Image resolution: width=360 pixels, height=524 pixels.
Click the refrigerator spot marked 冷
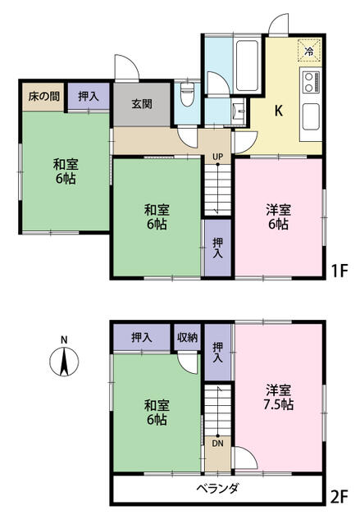point(309,51)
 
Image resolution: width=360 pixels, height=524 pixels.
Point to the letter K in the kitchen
point(278,111)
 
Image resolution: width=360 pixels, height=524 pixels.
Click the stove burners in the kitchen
point(312,83)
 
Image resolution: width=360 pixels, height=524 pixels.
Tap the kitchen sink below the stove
point(311,116)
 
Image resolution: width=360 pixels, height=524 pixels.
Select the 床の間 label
point(42,96)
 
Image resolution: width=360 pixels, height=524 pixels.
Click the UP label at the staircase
point(217,157)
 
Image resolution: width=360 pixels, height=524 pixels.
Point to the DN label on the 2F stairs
point(217,442)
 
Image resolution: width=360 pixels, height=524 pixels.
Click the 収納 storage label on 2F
point(186,337)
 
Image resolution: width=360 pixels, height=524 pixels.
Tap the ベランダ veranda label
point(217,490)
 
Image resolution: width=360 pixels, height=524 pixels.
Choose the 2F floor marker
point(340,496)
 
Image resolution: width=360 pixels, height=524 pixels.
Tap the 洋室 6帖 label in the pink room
point(277,215)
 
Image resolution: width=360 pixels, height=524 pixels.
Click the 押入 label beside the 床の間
point(89,96)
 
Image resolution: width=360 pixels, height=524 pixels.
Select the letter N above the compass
point(62,339)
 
